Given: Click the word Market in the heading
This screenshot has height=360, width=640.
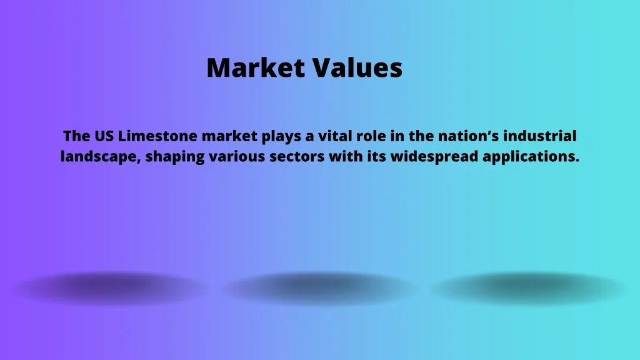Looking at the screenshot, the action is (x=256, y=67).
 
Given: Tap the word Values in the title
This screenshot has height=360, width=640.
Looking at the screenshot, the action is (x=358, y=67).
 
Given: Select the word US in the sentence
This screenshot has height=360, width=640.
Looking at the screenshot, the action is (x=104, y=136).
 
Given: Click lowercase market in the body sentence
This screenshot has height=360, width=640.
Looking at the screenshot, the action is (x=229, y=136).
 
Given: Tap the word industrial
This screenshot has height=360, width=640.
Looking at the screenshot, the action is (x=539, y=136).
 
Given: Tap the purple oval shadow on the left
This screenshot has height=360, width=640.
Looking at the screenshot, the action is (x=110, y=288).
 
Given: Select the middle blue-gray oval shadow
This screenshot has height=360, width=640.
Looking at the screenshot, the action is (x=320, y=288).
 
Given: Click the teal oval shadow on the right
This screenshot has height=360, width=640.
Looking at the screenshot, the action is (x=530, y=288).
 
